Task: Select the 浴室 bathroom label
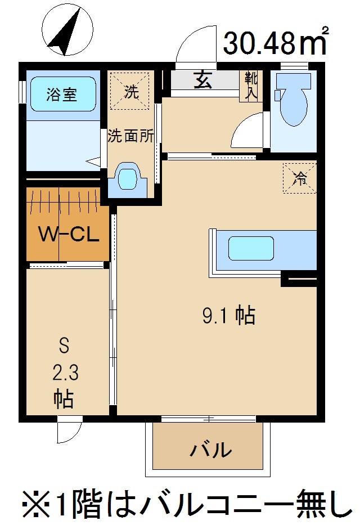(62, 94)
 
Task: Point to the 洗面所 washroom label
(130, 136)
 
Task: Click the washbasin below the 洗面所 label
(129, 178)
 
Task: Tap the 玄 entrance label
(203, 80)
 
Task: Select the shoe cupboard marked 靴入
(250, 86)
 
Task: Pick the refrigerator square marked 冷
(299, 178)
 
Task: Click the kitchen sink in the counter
(251, 248)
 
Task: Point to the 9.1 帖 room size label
(228, 316)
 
